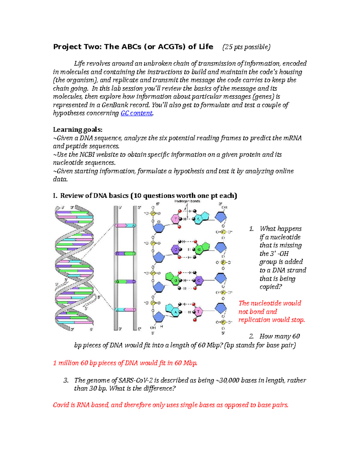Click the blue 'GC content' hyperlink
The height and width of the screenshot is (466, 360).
tap(136, 113)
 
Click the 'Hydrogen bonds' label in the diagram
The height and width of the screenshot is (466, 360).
tap(187, 201)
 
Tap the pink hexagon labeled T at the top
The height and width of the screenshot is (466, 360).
tap(175, 219)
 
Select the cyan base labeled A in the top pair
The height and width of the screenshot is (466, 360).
tap(198, 219)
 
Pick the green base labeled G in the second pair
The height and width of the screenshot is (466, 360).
tap(199, 249)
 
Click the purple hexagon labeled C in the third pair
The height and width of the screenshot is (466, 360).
tap(198, 281)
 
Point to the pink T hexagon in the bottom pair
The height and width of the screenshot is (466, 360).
tap(198, 311)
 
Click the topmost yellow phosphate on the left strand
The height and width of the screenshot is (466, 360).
tap(153, 213)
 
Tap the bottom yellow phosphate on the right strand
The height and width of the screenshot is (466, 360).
tap(223, 322)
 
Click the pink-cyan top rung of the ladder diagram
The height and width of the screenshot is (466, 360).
tap(125, 225)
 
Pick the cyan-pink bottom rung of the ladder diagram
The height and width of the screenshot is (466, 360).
tap(125, 309)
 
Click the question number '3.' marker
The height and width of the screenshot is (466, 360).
tap(66, 380)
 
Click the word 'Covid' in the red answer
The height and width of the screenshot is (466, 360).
tap(61, 405)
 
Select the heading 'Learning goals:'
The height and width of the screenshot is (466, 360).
tap(78, 130)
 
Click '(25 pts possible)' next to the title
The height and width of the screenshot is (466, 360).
tap(246, 47)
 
